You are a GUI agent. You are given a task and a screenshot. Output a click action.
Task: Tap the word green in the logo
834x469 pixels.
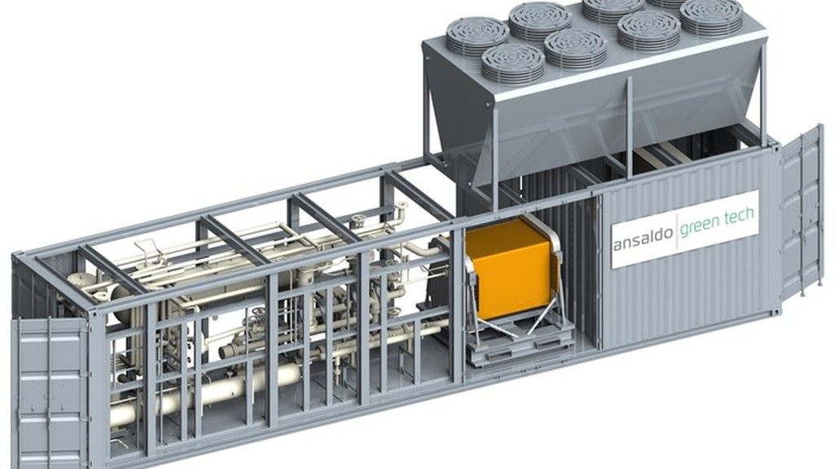click(x=701, y=225)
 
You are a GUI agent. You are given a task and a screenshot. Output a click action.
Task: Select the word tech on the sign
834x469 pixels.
click(x=740, y=214)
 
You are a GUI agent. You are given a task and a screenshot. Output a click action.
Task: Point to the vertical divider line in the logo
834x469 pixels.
click(x=677, y=231)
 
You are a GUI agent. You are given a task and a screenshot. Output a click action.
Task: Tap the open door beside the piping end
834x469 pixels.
click(x=50, y=392)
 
